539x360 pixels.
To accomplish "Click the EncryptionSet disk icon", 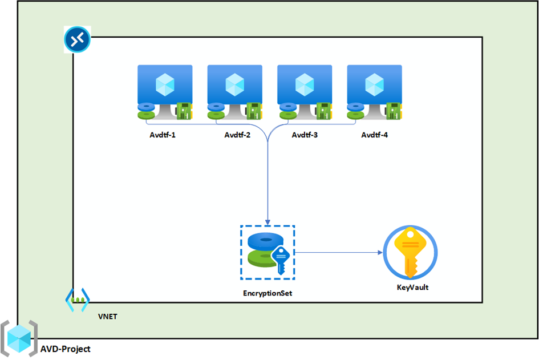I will pyautogui.click(x=267, y=252).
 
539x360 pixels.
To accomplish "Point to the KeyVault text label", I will pyautogui.click(x=412, y=288).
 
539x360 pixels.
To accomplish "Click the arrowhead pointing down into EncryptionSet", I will pyautogui.click(x=268, y=221).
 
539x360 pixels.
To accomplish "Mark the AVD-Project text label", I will pyautogui.click(x=65, y=349).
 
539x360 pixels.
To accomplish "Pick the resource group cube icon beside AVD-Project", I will pyautogui.click(x=19, y=339).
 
